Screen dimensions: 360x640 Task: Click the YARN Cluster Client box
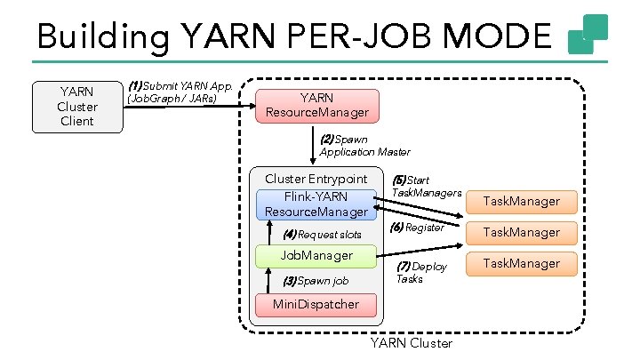[76, 106]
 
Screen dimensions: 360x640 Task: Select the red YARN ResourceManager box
[316, 106]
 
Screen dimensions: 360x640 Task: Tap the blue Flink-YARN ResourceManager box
[316, 204]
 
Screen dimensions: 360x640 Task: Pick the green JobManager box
[316, 256]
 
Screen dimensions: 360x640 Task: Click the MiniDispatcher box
[316, 305]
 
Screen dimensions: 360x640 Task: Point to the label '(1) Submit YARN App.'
[180, 86]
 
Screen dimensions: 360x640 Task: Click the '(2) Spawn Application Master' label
[364, 146]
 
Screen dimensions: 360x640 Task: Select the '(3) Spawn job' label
[315, 281]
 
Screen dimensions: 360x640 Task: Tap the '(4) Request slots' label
[322, 235]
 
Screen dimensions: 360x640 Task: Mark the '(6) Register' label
[418, 228]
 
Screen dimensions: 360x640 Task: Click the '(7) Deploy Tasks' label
[421, 272]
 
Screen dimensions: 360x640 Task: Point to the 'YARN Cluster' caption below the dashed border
[411, 343]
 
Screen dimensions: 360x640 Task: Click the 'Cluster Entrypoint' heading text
[316, 179]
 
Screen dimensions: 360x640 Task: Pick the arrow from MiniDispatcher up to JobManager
[268, 281]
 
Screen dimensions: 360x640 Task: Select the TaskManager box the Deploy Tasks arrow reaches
[521, 263]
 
